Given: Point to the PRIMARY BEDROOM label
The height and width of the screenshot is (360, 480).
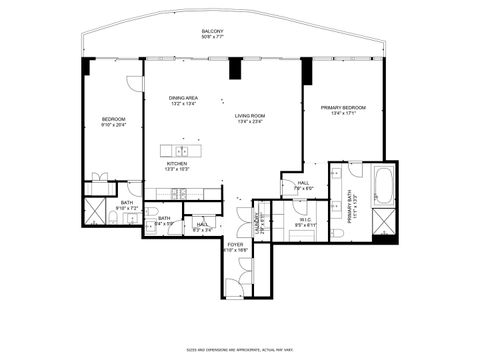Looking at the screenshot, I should pyautogui.click(x=343, y=107).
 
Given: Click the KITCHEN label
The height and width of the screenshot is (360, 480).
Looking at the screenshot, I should pyautogui.click(x=177, y=163).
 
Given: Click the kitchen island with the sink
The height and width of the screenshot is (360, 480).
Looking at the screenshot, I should pyautogui.click(x=183, y=151).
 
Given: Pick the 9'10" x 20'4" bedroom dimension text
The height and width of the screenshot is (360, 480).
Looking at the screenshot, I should pyautogui.click(x=112, y=126).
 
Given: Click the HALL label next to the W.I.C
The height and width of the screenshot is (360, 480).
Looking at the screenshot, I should pyautogui.click(x=302, y=183).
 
